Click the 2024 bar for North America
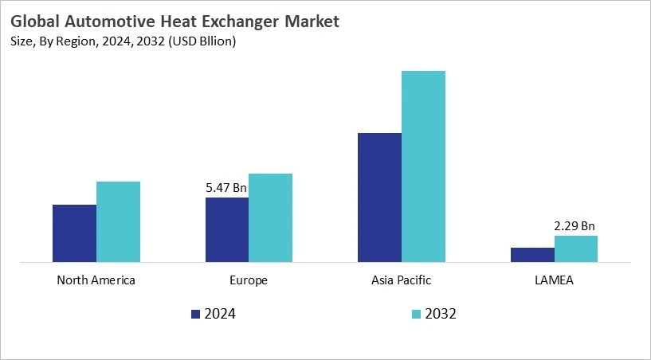pyautogui.click(x=74, y=233)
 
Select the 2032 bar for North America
pyautogui.click(x=118, y=221)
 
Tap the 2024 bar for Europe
pyautogui.click(x=227, y=229)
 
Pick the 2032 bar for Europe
pyautogui.click(x=270, y=217)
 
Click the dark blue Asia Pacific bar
pyautogui.click(x=379, y=197)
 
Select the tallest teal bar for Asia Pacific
pyautogui.click(x=423, y=166)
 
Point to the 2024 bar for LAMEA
pyautogui.click(x=532, y=254)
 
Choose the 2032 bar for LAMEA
pyautogui.click(x=576, y=248)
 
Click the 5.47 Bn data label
pyautogui.click(x=226, y=188)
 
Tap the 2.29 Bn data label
pyautogui.click(x=575, y=226)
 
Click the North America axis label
pyautogui.click(x=96, y=280)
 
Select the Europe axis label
pyautogui.click(x=249, y=280)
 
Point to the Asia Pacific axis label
pyautogui.click(x=401, y=280)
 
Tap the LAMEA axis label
pyautogui.click(x=554, y=280)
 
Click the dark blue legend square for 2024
pyautogui.click(x=196, y=314)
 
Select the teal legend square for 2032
pyautogui.click(x=416, y=314)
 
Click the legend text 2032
pyautogui.click(x=441, y=314)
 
